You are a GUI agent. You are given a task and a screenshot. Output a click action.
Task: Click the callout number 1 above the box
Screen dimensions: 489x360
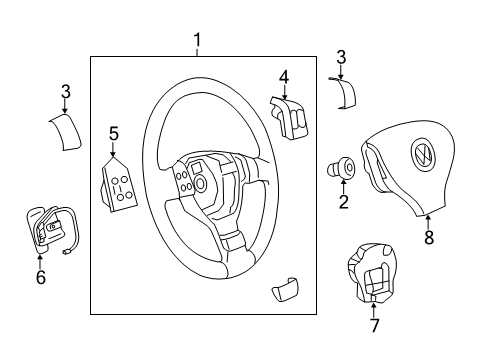(x=198, y=40)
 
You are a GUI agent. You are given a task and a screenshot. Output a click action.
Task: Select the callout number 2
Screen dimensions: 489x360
(x=343, y=201)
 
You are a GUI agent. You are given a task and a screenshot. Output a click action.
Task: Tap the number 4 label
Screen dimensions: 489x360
(x=284, y=77)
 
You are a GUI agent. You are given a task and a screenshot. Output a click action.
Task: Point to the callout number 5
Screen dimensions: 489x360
(x=113, y=134)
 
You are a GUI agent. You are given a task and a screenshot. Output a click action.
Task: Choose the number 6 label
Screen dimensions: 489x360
(x=41, y=277)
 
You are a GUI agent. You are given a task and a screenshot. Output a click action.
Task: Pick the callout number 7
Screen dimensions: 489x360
(x=374, y=325)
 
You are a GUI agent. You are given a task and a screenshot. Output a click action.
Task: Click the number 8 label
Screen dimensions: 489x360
(x=429, y=237)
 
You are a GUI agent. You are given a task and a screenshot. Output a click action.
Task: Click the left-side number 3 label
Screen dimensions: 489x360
(x=66, y=91)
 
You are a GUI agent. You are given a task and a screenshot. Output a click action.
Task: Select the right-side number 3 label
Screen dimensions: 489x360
(x=341, y=57)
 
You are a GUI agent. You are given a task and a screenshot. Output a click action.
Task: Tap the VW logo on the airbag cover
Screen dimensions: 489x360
(x=422, y=154)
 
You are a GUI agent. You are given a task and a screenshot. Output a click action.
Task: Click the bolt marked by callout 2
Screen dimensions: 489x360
(x=340, y=168)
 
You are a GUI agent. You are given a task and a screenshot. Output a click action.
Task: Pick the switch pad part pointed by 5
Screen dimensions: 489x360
(x=119, y=184)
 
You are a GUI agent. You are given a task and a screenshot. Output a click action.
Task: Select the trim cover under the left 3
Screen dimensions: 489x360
(x=66, y=132)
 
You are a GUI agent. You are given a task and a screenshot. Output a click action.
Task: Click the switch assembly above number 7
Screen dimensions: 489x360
(x=372, y=273)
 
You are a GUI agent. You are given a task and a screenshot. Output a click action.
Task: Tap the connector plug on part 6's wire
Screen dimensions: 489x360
(x=65, y=252)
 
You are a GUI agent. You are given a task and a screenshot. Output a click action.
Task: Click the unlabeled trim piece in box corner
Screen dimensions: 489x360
(x=285, y=289)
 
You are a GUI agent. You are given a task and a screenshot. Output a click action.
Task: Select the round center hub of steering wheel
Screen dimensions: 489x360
(x=200, y=183)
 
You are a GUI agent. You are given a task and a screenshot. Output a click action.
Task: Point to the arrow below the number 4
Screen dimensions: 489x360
(x=284, y=92)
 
